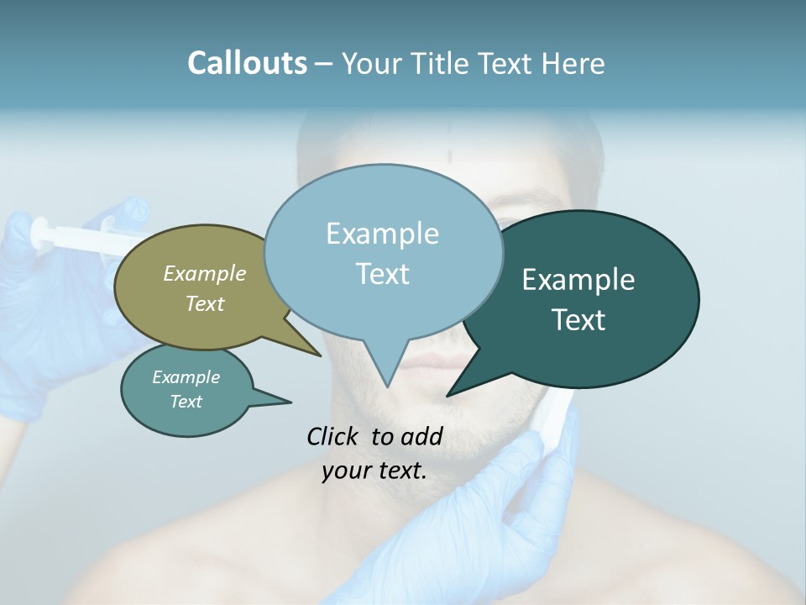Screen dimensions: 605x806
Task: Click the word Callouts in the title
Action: pyautogui.click(x=247, y=63)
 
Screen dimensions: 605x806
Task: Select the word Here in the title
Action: pyautogui.click(x=574, y=63)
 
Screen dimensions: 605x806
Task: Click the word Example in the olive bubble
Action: pyautogui.click(x=205, y=273)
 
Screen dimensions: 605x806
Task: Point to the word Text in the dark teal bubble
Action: pyautogui.click(x=579, y=320)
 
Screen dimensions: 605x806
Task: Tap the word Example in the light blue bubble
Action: pyautogui.click(x=383, y=234)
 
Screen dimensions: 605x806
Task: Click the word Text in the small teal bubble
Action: pyautogui.click(x=186, y=402)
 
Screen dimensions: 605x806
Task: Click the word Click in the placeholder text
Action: pyautogui.click(x=334, y=436)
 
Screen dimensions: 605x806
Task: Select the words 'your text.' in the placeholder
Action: pyautogui.click(x=374, y=471)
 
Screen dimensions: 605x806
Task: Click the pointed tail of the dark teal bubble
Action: pyautogui.click(x=458, y=388)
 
